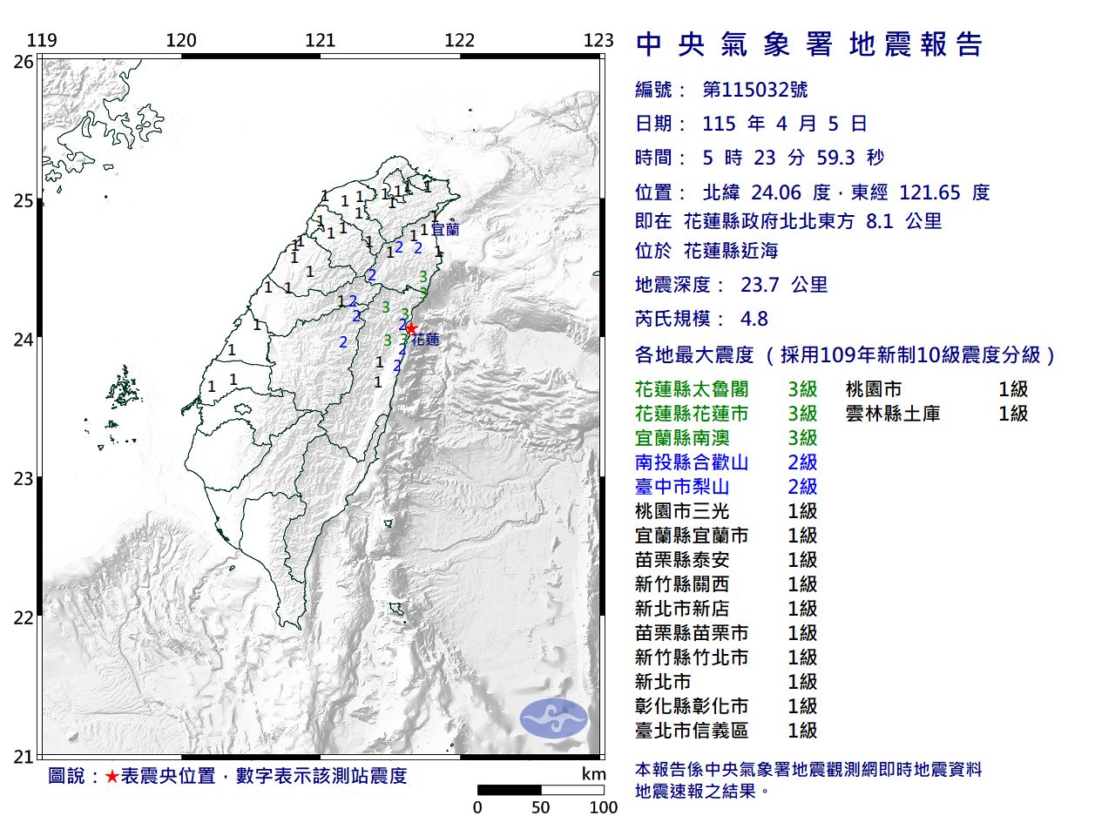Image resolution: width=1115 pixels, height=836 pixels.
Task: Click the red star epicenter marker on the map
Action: [411, 328]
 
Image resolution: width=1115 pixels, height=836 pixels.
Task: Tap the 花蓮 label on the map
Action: [426, 340]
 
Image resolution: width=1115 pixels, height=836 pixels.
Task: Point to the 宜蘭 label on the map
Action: [445, 230]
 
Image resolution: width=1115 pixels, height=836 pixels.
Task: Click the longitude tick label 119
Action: [42, 40]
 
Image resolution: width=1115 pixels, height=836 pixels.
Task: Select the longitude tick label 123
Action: [598, 40]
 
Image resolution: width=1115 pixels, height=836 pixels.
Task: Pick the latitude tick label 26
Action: [24, 62]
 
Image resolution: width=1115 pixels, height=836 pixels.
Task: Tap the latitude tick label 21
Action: [24, 757]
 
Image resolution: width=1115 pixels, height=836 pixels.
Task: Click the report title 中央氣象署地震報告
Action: [809, 44]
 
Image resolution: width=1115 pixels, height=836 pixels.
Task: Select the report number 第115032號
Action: [754, 90]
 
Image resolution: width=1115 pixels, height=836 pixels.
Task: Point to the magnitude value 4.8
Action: [753, 319]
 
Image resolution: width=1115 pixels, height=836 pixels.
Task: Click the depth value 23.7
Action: [760, 285]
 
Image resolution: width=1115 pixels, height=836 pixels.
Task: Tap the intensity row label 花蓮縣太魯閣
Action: [692, 389]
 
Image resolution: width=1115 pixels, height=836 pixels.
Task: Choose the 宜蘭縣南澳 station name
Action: [682, 438]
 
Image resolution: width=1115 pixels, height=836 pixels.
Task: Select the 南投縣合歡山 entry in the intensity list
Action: [692, 462]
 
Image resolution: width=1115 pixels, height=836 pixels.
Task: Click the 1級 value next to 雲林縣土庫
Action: [1013, 414]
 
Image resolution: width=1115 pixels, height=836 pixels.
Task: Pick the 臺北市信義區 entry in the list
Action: [692, 731]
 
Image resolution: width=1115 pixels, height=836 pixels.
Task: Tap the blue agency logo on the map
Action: [554, 718]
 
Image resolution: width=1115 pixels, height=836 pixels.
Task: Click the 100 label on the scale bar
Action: [603, 807]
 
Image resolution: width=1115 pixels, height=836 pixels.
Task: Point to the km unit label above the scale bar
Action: [593, 774]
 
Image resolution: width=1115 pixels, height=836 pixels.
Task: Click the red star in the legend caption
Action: [111, 776]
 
